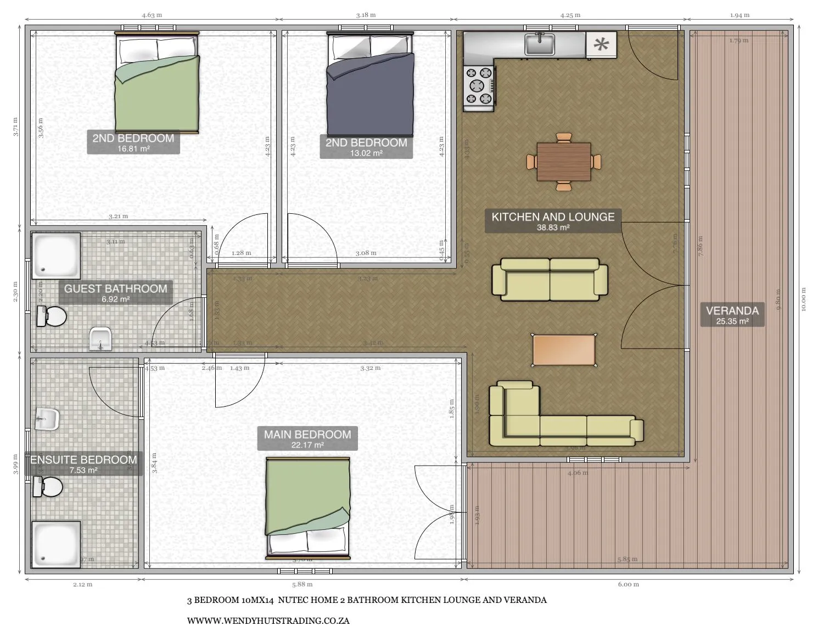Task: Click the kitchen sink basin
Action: pyautogui.click(x=539, y=45)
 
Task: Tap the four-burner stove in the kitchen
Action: pyautogui.click(x=479, y=86)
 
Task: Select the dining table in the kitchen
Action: pyautogui.click(x=564, y=162)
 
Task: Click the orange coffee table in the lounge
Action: pyautogui.click(x=564, y=350)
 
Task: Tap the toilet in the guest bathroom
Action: pyautogui.click(x=52, y=317)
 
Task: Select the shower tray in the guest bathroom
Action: pyautogui.click(x=56, y=256)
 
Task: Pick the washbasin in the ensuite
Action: pyautogui.click(x=47, y=419)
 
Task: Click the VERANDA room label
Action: pyautogui.click(x=732, y=314)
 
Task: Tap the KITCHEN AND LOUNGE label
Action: pyautogui.click(x=553, y=220)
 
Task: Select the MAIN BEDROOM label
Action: pyautogui.click(x=307, y=438)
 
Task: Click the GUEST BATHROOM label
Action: pyautogui.click(x=115, y=292)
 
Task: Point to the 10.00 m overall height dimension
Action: pyautogui.click(x=803, y=300)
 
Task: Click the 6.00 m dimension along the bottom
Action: pyautogui.click(x=628, y=584)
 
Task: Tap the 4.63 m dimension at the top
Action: pyautogui.click(x=152, y=15)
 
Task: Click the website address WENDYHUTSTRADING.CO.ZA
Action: pyautogui.click(x=268, y=621)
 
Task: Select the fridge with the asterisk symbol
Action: pyautogui.click(x=602, y=45)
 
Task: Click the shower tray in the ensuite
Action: pyautogui.click(x=56, y=544)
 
